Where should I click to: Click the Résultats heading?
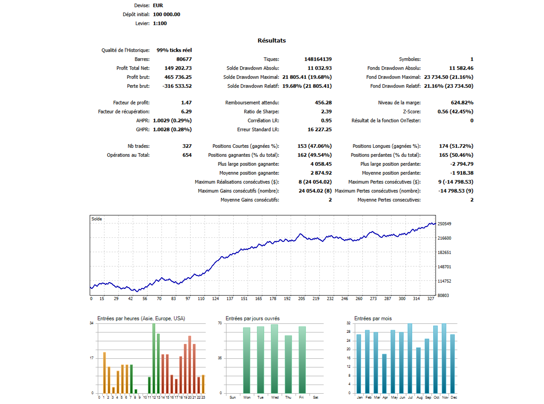click(271, 41)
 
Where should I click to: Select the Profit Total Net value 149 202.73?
click(172, 68)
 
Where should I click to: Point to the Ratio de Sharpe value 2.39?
click(326, 112)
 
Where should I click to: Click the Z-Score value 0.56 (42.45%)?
click(455, 112)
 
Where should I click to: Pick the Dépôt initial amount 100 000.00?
click(166, 14)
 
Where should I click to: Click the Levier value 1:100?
click(160, 23)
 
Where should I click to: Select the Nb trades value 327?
click(187, 146)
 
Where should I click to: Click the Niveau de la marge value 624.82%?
click(458, 103)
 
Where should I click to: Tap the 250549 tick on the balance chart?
click(445, 224)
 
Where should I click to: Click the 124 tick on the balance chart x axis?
click(216, 298)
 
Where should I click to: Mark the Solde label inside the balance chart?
click(96, 219)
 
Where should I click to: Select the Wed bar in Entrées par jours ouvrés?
click(274, 358)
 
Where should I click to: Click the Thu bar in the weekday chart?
click(288, 364)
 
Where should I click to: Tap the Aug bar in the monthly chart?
click(418, 370)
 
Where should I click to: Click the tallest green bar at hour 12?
click(153, 358)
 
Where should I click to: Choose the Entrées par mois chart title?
click(373, 318)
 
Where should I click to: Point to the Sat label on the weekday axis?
click(315, 397)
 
